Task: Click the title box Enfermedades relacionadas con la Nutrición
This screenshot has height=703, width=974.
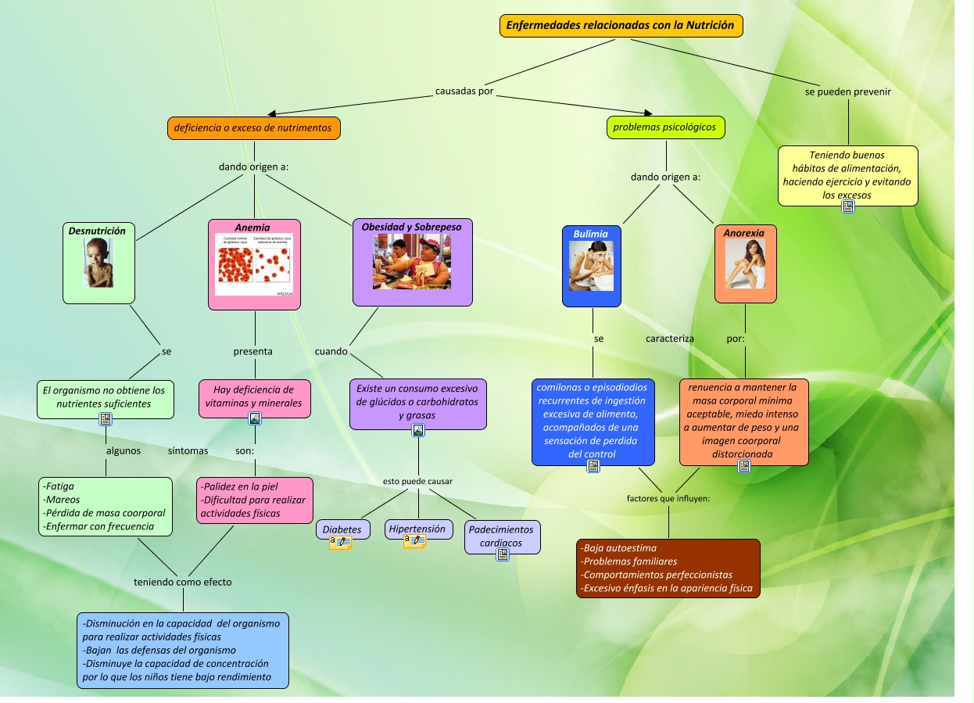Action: pos(621,26)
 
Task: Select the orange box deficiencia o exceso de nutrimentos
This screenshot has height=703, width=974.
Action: pos(253,127)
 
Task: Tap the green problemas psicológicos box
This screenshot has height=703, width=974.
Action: pos(665,127)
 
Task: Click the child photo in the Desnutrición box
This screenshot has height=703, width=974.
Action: pos(98,263)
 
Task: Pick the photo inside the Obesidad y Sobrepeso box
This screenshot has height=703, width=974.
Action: pos(412,262)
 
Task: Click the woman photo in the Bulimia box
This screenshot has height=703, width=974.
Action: pos(591,265)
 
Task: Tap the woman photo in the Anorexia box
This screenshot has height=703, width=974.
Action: pos(745,264)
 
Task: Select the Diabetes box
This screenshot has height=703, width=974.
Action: pos(342,529)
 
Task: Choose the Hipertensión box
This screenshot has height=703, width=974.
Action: pos(418,529)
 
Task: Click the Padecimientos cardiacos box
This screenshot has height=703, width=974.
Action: pos(502,536)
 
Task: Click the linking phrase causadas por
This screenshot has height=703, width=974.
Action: pos(464,91)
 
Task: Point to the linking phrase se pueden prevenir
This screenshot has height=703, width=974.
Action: pos(848,91)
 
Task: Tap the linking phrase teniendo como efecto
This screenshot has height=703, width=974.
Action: pos(183,582)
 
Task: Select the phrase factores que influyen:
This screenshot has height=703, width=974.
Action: pos(668,498)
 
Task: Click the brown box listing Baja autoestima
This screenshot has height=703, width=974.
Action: pos(668,568)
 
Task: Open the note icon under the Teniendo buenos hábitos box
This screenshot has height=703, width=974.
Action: pos(847,206)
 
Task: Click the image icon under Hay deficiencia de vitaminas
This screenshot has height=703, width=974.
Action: pos(255,418)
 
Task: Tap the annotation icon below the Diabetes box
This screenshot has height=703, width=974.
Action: pos(340,542)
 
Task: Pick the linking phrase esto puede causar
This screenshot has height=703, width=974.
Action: pos(417,481)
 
